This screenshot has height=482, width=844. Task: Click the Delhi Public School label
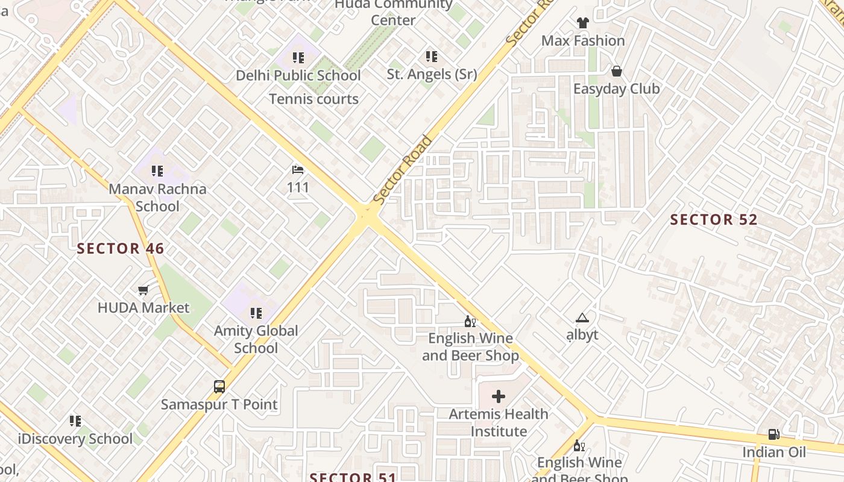pos(298,75)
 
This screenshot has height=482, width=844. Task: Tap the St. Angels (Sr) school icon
pos(431,57)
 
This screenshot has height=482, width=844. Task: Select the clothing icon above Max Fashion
pos(582,23)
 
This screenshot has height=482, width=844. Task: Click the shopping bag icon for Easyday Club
pos(616,71)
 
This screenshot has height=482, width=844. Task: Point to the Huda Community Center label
pos(393,12)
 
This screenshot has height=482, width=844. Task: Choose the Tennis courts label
pos(313,99)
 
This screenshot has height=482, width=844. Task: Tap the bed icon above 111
pos(298,170)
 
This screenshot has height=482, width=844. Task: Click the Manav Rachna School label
pos(157,197)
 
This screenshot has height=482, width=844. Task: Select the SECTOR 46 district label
pos(121,248)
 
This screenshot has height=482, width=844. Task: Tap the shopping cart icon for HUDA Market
pos(143,290)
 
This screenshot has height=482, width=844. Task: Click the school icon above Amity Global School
pos(256,313)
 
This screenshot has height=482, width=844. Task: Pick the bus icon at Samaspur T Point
pos(219,387)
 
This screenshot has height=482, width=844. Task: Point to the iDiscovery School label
pos(75,439)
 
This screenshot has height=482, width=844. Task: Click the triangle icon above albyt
pos(582,318)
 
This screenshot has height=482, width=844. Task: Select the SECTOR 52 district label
pos(714,220)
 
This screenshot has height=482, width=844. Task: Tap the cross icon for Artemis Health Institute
pos(499,396)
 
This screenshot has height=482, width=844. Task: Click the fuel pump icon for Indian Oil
pos(773,434)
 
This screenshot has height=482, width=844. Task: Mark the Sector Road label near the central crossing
pos(402,170)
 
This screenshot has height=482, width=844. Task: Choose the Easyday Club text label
pos(616,89)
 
